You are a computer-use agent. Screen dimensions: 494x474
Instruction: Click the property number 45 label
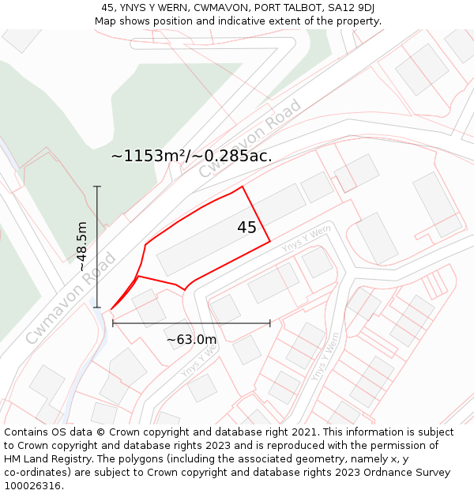coord(246,228)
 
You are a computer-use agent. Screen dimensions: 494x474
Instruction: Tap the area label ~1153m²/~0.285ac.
coord(191,156)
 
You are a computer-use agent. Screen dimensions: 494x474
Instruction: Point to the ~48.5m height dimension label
coord(82,247)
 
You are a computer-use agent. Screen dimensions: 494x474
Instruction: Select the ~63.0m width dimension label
coord(191,340)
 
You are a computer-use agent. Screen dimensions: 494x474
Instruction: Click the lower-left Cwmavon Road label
coord(70,298)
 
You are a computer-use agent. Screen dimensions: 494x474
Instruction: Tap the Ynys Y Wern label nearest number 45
coord(306,238)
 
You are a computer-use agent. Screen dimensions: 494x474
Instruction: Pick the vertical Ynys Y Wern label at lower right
coord(325,356)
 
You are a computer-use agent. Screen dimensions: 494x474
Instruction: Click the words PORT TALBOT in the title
coord(264,8)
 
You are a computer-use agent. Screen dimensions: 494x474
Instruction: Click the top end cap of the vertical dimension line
coord(97,187)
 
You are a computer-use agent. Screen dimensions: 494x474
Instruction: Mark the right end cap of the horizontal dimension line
coord(270,322)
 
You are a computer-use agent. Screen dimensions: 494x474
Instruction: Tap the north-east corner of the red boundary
coord(242,187)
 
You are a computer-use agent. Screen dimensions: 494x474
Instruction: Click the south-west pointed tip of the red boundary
coord(111,309)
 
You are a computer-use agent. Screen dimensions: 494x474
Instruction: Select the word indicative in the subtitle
coord(232,21)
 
